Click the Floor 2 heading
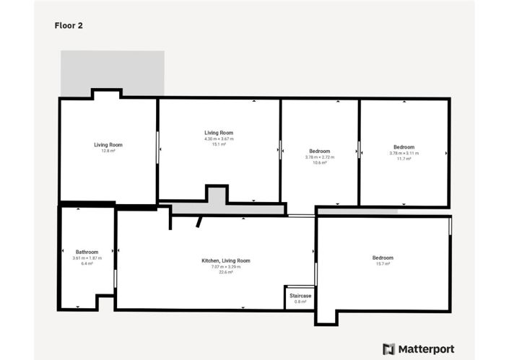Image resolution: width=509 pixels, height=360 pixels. click(x=69, y=25)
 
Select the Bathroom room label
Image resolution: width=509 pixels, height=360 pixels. click(x=87, y=252)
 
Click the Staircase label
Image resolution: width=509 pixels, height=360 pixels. click(x=300, y=296)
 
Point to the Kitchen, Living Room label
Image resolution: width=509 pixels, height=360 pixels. click(x=225, y=260)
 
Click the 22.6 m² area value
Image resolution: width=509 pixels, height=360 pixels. click(x=225, y=273)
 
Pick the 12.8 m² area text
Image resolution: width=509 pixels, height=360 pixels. click(x=108, y=151)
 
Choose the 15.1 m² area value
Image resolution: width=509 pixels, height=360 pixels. click(x=219, y=144)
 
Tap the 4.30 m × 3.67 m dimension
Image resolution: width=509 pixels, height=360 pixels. click(x=219, y=139)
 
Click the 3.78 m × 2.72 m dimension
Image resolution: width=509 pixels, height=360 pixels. click(x=319, y=157)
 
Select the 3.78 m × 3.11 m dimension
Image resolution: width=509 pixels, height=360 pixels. click(x=404, y=153)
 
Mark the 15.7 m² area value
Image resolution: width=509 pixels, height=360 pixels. click(x=383, y=264)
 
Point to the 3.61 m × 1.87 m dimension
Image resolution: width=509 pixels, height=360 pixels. click(x=87, y=258)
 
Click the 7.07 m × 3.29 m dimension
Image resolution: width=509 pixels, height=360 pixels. click(x=225, y=267)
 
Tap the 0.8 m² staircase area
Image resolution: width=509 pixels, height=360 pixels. click(x=300, y=302)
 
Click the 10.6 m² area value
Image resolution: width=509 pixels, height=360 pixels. click(x=319, y=163)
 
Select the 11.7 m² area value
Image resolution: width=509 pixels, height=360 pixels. click(x=404, y=159)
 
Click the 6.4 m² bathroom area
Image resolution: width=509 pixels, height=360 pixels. click(x=87, y=264)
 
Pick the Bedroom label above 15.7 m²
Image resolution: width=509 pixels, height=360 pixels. click(x=383, y=258)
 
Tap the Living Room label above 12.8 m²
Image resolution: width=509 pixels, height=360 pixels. click(x=108, y=144)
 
